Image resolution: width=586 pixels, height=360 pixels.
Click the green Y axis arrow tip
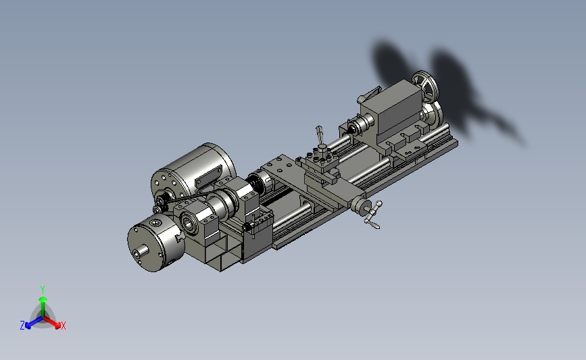pyautogui.click(x=43, y=299)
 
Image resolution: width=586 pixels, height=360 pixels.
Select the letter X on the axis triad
pyautogui.click(x=63, y=326)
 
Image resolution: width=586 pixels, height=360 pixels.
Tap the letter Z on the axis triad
pyautogui.click(x=22, y=326)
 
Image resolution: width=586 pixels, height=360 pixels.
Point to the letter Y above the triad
pyautogui.click(x=43, y=290)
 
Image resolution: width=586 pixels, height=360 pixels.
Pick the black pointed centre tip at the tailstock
pyautogui.click(x=351, y=131)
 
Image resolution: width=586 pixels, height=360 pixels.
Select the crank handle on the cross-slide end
pyautogui.click(x=372, y=215)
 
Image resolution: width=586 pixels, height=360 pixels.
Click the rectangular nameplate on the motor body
pyautogui.click(x=208, y=176)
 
